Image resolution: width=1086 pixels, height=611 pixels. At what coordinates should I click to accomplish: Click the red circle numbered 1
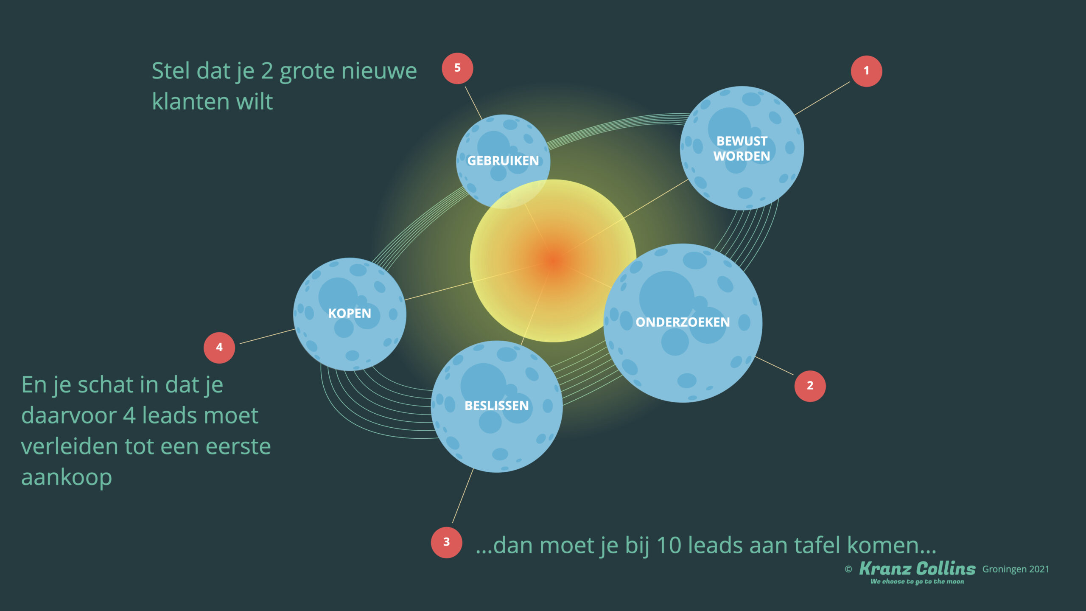[866, 71]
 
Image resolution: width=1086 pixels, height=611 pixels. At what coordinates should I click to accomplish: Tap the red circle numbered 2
[810, 386]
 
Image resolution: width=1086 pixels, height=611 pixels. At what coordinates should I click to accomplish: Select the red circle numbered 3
[446, 542]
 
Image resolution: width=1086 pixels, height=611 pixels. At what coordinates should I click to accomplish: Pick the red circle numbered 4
[219, 348]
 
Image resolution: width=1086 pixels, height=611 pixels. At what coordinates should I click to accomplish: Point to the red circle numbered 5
[457, 68]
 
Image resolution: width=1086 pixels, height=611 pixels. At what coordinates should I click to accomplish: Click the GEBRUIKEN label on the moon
[503, 161]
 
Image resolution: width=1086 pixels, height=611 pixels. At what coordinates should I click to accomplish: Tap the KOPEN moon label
[350, 314]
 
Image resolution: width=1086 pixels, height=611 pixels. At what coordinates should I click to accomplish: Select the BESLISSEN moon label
[497, 406]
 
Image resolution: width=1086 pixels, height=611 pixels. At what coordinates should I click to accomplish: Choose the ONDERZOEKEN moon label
[683, 322]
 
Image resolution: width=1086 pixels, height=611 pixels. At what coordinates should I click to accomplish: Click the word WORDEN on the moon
[742, 157]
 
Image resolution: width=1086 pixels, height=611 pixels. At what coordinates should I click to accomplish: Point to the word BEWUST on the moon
[742, 141]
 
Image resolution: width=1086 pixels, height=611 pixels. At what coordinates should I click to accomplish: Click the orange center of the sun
[554, 261]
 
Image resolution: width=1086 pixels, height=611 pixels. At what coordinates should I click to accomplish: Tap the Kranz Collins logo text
[917, 569]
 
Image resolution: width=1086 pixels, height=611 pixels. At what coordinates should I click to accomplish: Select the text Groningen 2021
[1016, 569]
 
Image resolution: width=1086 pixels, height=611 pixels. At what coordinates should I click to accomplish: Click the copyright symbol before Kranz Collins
[848, 569]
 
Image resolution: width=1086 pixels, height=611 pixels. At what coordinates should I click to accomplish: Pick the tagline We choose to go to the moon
[917, 582]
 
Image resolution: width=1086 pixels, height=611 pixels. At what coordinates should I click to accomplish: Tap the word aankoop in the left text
[67, 478]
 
